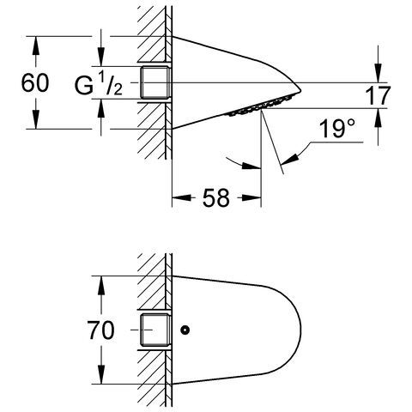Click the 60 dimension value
35,82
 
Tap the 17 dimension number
378,95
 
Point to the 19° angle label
337,128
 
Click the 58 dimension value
216,197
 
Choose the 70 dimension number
100,330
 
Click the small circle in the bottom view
185,330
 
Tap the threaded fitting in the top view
155,82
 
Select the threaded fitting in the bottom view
155,330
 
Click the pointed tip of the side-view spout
300,91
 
